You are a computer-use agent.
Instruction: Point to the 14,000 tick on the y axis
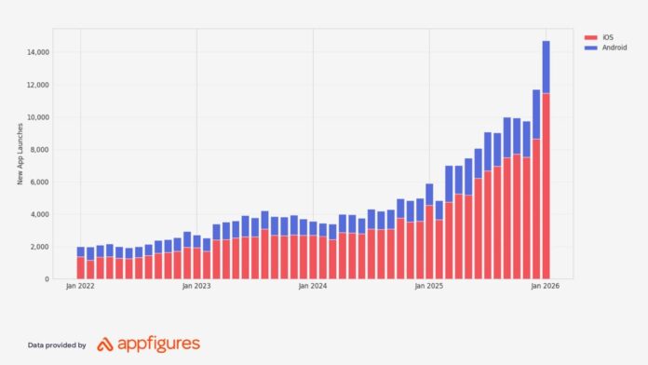(x=38, y=52)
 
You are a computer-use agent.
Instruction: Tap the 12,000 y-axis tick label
(x=38, y=85)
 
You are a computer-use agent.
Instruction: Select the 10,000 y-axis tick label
(x=38, y=117)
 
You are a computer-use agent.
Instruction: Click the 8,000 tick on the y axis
(x=40, y=150)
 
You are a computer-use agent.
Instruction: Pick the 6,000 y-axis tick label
(x=40, y=182)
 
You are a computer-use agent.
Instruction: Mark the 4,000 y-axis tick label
(x=40, y=214)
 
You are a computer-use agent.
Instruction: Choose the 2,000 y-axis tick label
(x=40, y=247)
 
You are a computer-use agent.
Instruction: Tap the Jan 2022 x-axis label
(x=80, y=288)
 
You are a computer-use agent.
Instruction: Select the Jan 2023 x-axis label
(x=196, y=288)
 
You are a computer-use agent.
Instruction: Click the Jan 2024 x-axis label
(x=313, y=288)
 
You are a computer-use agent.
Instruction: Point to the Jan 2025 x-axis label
(x=429, y=288)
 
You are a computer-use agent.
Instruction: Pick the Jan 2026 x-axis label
(x=546, y=288)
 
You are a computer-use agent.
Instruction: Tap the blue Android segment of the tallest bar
(x=546, y=66)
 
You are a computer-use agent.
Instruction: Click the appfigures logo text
(x=158, y=345)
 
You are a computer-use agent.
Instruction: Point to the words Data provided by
(x=57, y=345)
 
